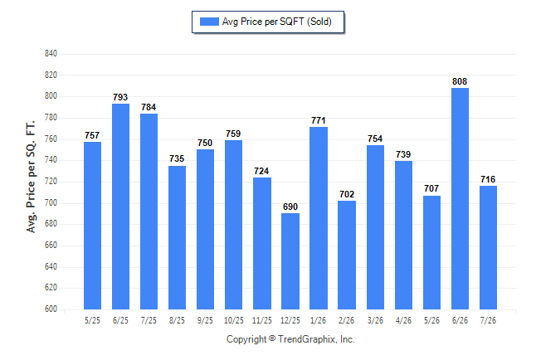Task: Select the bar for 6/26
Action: coord(460,198)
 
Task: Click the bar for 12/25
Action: coord(290,261)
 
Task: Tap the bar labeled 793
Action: coord(120,207)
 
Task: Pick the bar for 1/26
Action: coord(319,218)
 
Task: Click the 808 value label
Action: coord(460,81)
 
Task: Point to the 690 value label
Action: coord(290,207)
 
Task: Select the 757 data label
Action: coord(92,135)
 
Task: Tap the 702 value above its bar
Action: coord(347,194)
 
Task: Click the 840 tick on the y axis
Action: coord(51,54)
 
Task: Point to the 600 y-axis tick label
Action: coord(51,309)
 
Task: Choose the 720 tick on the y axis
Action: coord(51,181)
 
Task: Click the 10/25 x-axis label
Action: coord(234,320)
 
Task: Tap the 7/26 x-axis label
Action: coord(488,320)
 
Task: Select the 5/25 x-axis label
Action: coord(92,320)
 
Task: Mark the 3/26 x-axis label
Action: coord(375,320)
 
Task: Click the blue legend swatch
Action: coord(209,22)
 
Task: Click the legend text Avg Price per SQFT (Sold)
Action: coord(277,22)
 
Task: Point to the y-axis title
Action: coord(31,177)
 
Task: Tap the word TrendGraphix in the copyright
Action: coord(307,339)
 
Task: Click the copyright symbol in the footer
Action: coord(272,338)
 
